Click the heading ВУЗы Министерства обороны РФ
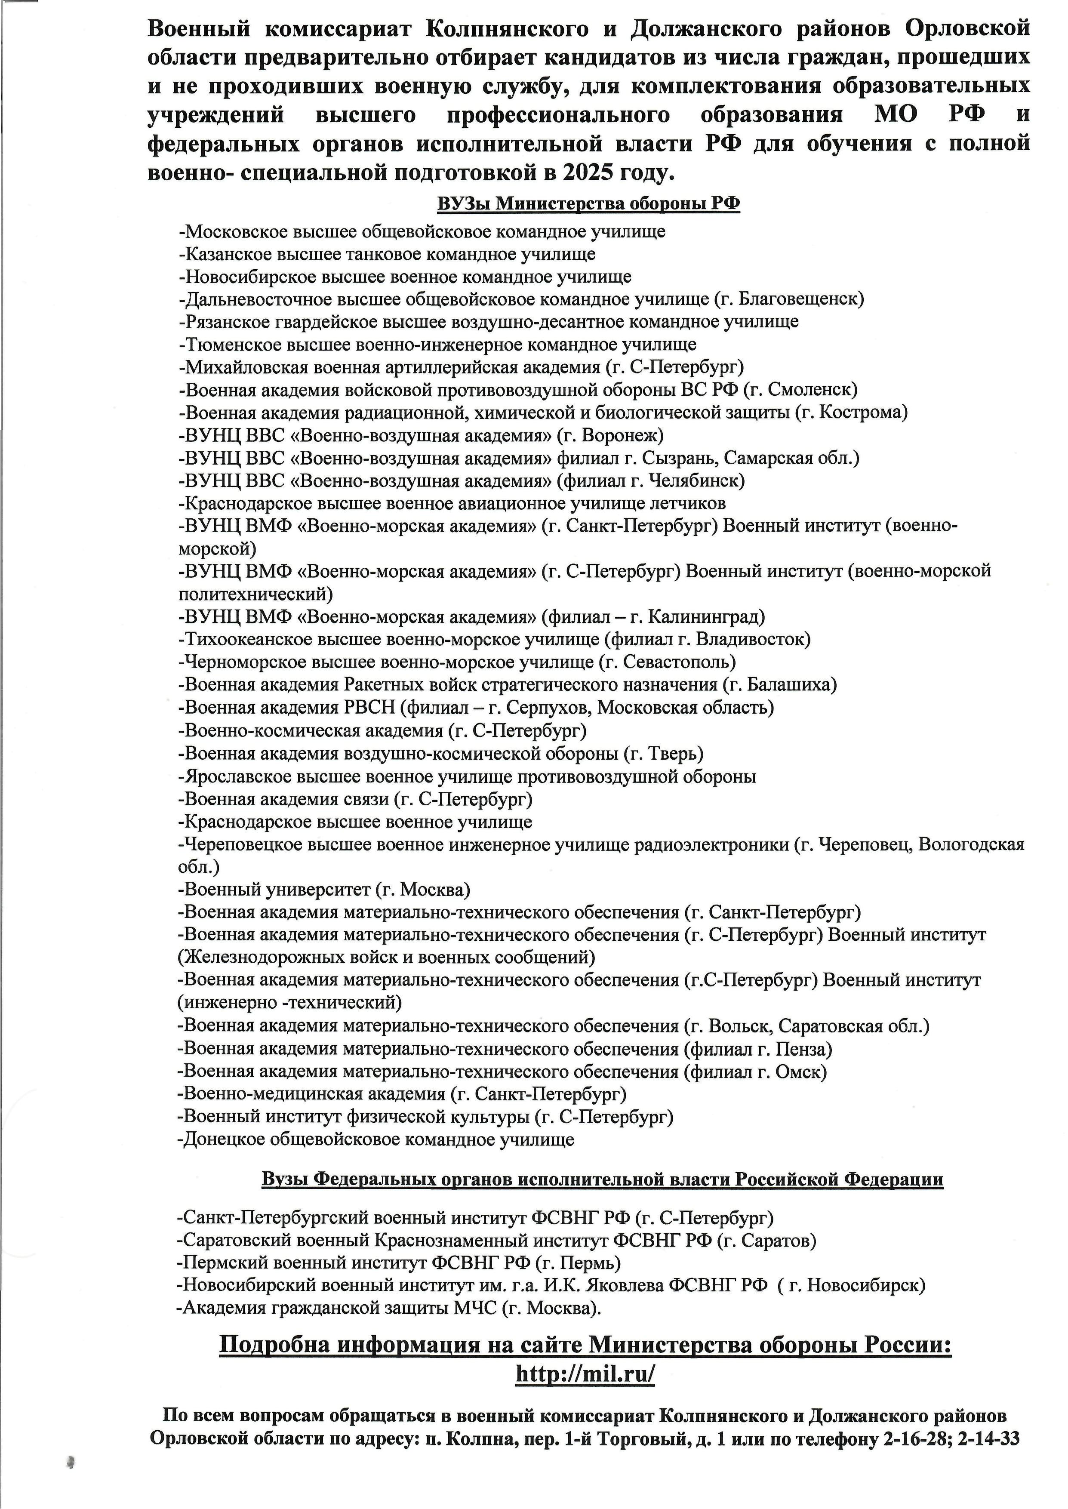pos(588,204)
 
